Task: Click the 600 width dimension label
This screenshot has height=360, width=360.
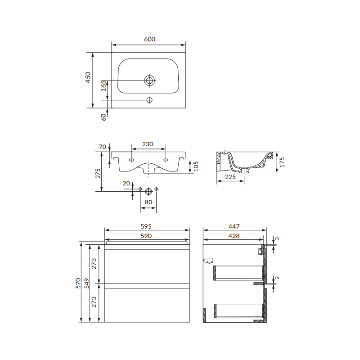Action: pyautogui.click(x=150, y=39)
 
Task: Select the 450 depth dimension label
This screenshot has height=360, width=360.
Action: pyautogui.click(x=88, y=77)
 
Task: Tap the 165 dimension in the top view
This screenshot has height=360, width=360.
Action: pyautogui.click(x=103, y=85)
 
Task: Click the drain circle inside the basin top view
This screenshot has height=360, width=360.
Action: pyautogui.click(x=149, y=81)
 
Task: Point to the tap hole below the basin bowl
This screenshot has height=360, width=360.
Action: pyautogui.click(x=149, y=100)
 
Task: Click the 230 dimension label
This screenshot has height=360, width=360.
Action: pyautogui.click(x=148, y=144)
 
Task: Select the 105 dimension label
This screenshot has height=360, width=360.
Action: pyautogui.click(x=196, y=166)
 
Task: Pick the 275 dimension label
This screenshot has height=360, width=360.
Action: pyautogui.click(x=98, y=173)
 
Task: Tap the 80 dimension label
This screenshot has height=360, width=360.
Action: pyautogui.click(x=148, y=202)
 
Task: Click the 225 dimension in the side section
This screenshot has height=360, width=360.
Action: pyautogui.click(x=230, y=177)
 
